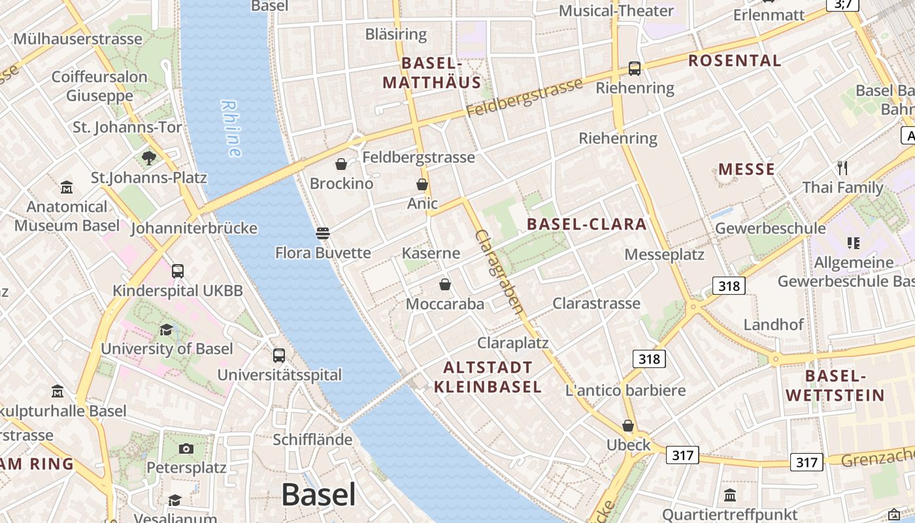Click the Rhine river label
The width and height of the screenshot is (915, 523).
pyautogui.click(x=231, y=128)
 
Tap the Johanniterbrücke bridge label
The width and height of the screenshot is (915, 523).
pyautogui.click(x=194, y=229)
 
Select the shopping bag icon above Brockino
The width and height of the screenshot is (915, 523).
pyautogui.click(x=341, y=164)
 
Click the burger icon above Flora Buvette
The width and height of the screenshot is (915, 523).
pyautogui.click(x=322, y=233)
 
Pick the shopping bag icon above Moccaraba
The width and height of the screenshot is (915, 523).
pyautogui.click(x=445, y=284)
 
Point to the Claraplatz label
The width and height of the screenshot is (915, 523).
pyautogui.click(x=512, y=343)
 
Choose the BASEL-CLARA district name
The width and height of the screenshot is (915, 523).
pyautogui.click(x=586, y=224)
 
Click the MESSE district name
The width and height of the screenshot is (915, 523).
pyautogui.click(x=746, y=170)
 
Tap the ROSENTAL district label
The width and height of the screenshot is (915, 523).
pyautogui.click(x=735, y=61)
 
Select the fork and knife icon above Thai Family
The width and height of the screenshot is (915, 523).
pyautogui.click(x=842, y=168)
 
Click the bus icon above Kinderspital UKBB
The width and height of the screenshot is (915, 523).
pyautogui.click(x=177, y=271)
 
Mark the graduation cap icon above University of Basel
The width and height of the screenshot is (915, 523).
pyautogui.click(x=167, y=329)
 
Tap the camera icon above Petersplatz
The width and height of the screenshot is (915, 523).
pyautogui.click(x=186, y=448)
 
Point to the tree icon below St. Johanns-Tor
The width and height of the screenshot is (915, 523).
pyautogui.click(x=149, y=158)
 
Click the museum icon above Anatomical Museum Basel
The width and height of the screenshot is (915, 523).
pyautogui.click(x=67, y=188)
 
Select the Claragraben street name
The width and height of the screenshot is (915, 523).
pyautogui.click(x=500, y=271)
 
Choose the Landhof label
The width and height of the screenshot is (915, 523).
pyautogui.click(x=773, y=324)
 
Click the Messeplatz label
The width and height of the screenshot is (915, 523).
pyautogui.click(x=664, y=254)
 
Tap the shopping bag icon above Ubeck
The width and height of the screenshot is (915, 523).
pyautogui.click(x=628, y=426)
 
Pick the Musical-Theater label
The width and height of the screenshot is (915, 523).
pyautogui.click(x=616, y=11)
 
